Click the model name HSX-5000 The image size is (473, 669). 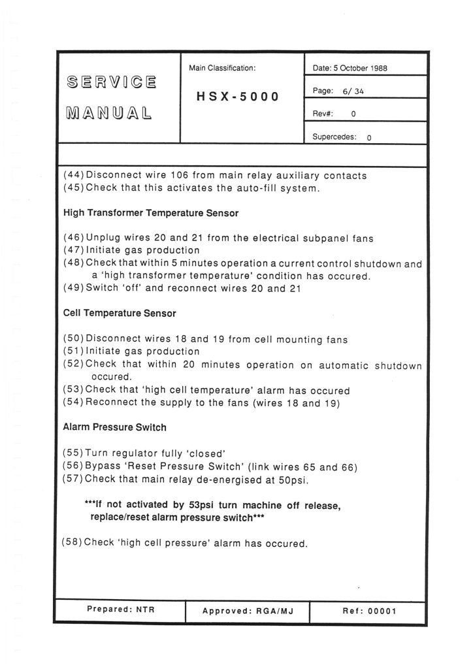point(238,97)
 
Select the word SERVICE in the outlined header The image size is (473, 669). point(112,83)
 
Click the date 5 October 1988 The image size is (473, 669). point(350,68)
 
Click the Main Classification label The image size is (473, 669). point(222,68)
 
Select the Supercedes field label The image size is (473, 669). point(334,138)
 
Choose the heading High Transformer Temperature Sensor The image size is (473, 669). point(151,213)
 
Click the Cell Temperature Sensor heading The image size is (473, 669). point(120,314)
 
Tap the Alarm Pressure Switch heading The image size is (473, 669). point(114,427)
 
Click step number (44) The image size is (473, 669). point(74,176)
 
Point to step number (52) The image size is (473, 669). point(74,365)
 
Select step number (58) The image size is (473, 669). point(73,542)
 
